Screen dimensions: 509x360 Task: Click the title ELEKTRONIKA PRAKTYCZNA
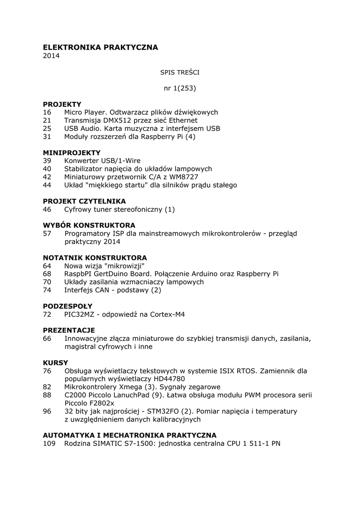point(100,47)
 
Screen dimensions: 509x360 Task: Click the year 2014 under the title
point(51,56)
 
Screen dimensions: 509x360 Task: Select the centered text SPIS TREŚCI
point(180,72)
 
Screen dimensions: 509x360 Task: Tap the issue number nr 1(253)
point(180,88)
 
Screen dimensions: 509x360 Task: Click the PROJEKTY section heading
point(62,104)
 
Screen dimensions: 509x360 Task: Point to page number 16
point(47,112)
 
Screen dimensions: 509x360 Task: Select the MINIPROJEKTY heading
point(72,153)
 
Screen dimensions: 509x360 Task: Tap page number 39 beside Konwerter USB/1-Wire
point(47,161)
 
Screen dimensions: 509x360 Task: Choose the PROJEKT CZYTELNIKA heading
point(84,201)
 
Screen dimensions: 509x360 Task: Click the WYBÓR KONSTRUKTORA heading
point(89,225)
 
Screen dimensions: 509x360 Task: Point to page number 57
point(47,233)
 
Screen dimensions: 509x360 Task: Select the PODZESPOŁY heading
point(68,306)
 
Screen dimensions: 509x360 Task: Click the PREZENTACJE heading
point(69,330)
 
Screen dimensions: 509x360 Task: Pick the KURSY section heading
point(55,363)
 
